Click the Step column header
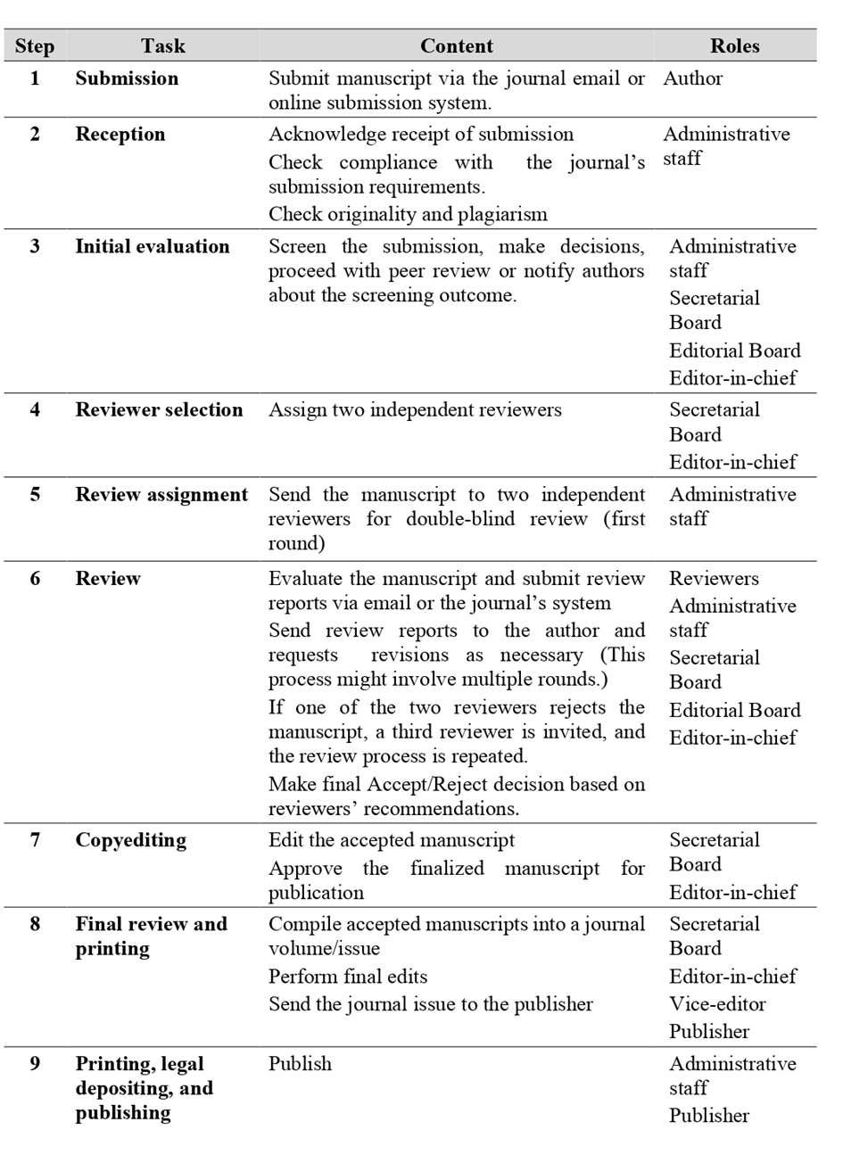click(x=35, y=46)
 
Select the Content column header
click(x=456, y=46)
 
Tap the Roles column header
click(x=734, y=46)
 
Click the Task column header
click(x=162, y=46)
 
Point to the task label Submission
click(x=127, y=78)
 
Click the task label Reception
click(x=120, y=135)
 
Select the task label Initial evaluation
click(x=152, y=247)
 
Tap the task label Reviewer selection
click(x=159, y=410)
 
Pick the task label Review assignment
click(x=161, y=495)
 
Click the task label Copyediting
click(x=130, y=840)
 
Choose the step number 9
click(x=35, y=1064)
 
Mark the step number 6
click(x=35, y=579)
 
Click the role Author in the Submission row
click(x=692, y=78)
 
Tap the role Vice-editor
click(x=717, y=1004)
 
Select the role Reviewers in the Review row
click(x=714, y=579)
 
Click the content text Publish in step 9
click(x=300, y=1064)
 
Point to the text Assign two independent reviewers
click(x=415, y=410)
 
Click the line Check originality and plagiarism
click(x=408, y=214)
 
